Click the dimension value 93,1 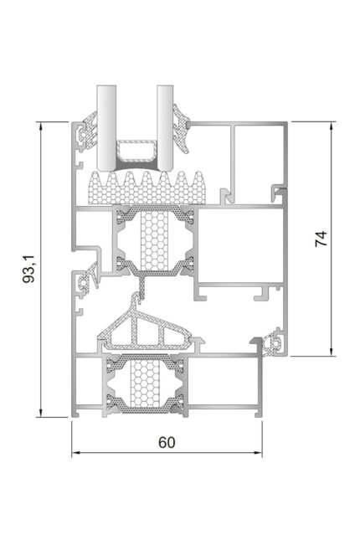(28, 269)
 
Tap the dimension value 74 (321, 239)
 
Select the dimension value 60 (167, 443)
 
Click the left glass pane (106, 128)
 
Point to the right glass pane (166, 128)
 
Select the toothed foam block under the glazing (146, 188)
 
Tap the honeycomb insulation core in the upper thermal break (155, 241)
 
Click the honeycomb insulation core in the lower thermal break (144, 383)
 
